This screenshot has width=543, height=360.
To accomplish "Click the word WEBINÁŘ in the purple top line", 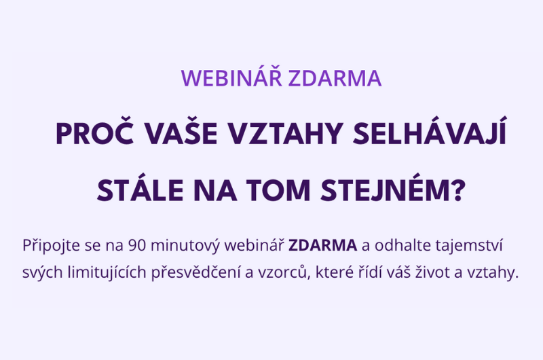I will pyautogui.click(x=231, y=79).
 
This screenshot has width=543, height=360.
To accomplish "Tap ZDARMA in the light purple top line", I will pyautogui.click(x=335, y=79).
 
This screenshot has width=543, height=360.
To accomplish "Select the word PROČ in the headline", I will pyautogui.click(x=89, y=134).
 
